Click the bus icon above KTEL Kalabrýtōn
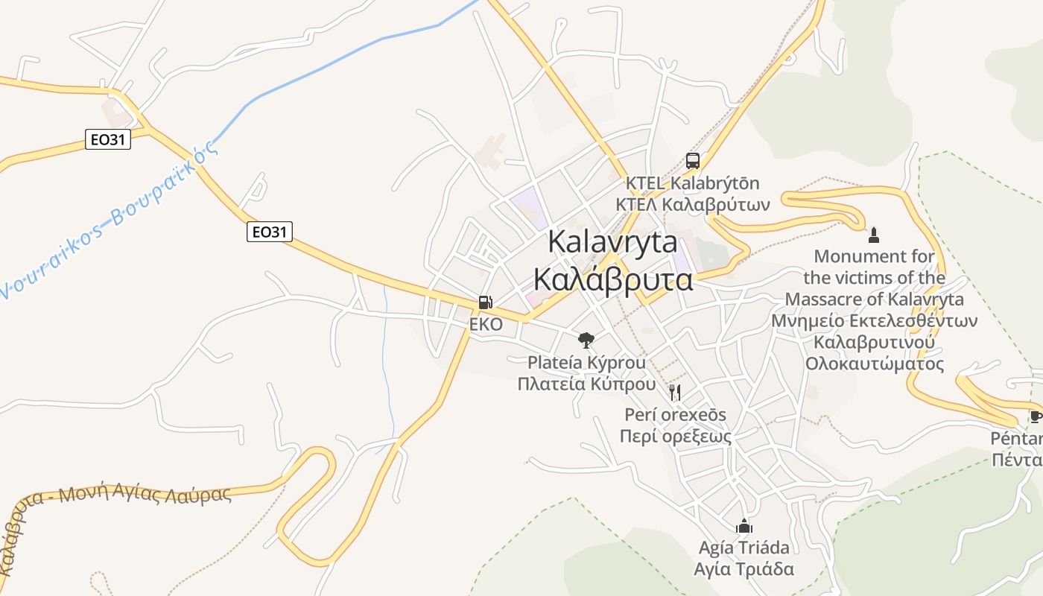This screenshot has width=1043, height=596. [693, 160]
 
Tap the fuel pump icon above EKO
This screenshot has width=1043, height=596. [485, 302]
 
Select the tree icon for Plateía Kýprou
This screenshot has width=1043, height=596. [586, 340]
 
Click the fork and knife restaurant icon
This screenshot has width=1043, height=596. [674, 393]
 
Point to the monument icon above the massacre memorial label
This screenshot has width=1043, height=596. [874, 235]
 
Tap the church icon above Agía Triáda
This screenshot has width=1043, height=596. [744, 526]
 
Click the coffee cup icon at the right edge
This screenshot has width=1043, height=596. [1035, 416]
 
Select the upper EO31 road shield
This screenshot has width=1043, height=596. [108, 139]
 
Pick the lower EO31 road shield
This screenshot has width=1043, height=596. [269, 232]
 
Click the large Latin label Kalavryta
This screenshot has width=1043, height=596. [613, 242]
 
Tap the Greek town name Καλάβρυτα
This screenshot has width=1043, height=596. [613, 280]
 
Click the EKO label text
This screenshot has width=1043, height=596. [486, 325]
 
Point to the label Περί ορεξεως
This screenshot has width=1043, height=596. [676, 437]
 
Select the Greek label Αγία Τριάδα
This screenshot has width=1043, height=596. [744, 569]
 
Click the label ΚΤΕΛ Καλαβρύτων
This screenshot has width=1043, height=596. [693, 204]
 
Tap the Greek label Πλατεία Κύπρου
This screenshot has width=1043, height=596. [587, 384]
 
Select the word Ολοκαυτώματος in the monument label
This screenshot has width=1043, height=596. [875, 364]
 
